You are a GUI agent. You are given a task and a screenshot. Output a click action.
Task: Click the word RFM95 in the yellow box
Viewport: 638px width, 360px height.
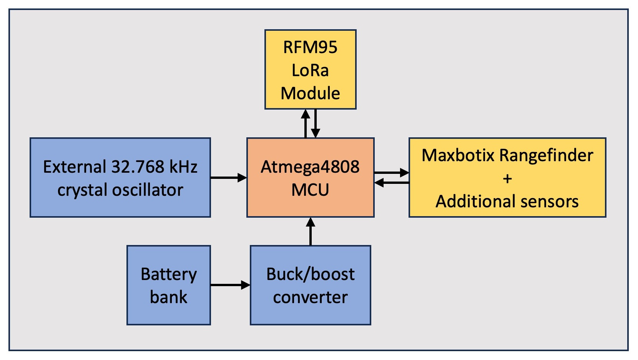[310, 47]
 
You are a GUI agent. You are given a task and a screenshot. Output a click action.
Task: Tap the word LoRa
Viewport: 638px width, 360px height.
[310, 70]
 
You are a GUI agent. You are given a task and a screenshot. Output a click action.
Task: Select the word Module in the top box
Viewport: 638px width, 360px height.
[310, 93]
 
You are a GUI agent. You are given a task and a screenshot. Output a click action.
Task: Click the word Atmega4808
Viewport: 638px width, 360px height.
[310, 167]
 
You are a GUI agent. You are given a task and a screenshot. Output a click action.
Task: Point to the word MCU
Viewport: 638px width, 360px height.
[310, 190]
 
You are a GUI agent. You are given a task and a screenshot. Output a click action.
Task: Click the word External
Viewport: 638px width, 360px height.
[75, 167]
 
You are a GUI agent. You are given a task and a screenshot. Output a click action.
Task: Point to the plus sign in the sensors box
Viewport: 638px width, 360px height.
[507, 179]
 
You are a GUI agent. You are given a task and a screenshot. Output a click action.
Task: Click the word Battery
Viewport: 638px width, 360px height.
[168, 275]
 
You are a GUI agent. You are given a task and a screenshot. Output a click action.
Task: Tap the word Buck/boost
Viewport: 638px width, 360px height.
[310, 275]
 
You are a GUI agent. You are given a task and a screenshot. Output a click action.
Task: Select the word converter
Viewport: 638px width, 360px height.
[310, 298]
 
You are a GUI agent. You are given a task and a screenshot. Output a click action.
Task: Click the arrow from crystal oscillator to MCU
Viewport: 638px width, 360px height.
[229, 178]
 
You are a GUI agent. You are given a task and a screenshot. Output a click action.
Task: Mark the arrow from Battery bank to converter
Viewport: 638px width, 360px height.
[230, 285]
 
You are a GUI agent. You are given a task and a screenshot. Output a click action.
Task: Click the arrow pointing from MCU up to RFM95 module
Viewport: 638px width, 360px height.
[306, 123]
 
